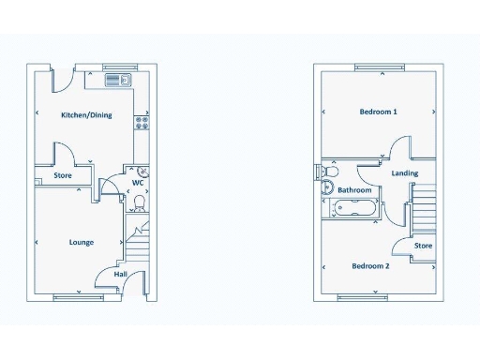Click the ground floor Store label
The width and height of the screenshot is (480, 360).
63,175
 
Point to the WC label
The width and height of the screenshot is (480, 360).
137,184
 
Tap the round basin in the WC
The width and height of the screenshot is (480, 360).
142,172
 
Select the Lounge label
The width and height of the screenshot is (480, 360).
82,242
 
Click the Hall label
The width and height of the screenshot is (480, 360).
121,275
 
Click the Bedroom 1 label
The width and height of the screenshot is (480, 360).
379,112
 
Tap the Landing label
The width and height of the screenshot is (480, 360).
405,173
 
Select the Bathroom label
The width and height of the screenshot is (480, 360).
354,190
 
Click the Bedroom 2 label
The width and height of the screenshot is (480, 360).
370,265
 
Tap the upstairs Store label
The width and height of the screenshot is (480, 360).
424,246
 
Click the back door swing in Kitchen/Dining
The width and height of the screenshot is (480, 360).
62,80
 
